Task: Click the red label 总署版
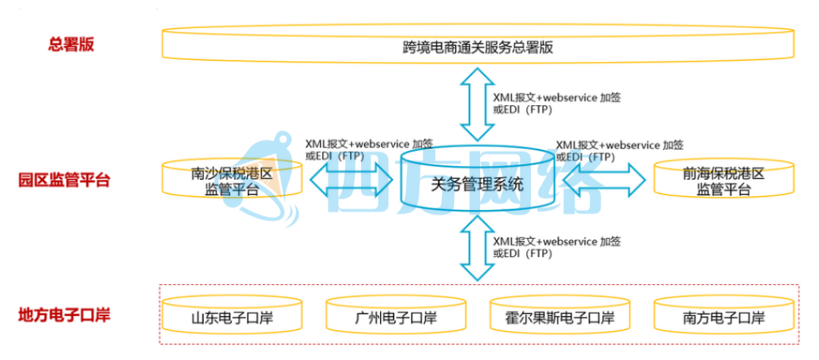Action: click(x=71, y=44)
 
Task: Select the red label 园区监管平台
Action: click(x=64, y=180)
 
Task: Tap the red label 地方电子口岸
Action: click(x=64, y=314)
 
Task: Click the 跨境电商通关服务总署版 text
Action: click(x=478, y=47)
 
